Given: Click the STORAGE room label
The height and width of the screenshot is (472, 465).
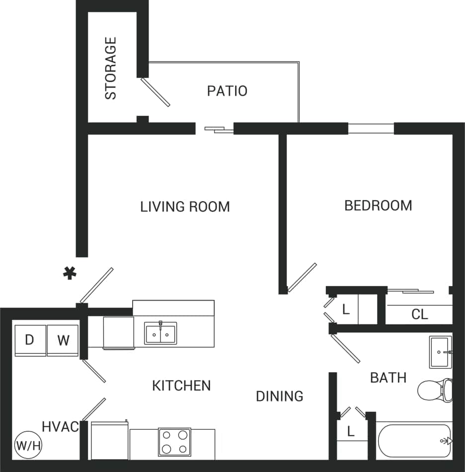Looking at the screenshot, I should (111, 68).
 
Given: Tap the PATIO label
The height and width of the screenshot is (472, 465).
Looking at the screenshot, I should (227, 91).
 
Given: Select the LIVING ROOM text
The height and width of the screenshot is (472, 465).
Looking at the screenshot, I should (185, 206).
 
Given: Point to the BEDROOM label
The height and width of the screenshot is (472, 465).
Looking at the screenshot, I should (378, 205).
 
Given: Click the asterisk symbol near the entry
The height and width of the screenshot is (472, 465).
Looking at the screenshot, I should (70, 272).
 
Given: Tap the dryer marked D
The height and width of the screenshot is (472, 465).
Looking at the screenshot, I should (30, 340).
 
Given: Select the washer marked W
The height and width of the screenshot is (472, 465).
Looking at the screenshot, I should (63, 340).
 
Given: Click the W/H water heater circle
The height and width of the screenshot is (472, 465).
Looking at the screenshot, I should (28, 444).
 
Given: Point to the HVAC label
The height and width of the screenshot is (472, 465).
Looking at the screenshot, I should (60, 426).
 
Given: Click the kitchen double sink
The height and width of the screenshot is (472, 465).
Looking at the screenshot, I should (160, 333).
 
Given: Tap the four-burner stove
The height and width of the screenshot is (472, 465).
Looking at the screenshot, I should (175, 442).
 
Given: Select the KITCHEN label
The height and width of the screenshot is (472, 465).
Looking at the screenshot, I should (181, 386).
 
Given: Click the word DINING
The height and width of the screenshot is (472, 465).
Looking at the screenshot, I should (280, 396).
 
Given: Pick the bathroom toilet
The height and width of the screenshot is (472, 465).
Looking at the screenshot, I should (435, 391).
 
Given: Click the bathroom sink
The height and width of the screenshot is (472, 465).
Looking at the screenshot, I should (440, 352).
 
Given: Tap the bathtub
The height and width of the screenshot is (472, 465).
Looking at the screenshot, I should (414, 441).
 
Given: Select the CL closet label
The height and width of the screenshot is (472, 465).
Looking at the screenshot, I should (420, 315).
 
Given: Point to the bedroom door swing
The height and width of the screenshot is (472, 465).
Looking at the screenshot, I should (302, 277).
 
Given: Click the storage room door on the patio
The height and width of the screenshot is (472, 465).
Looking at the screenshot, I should (155, 91).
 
